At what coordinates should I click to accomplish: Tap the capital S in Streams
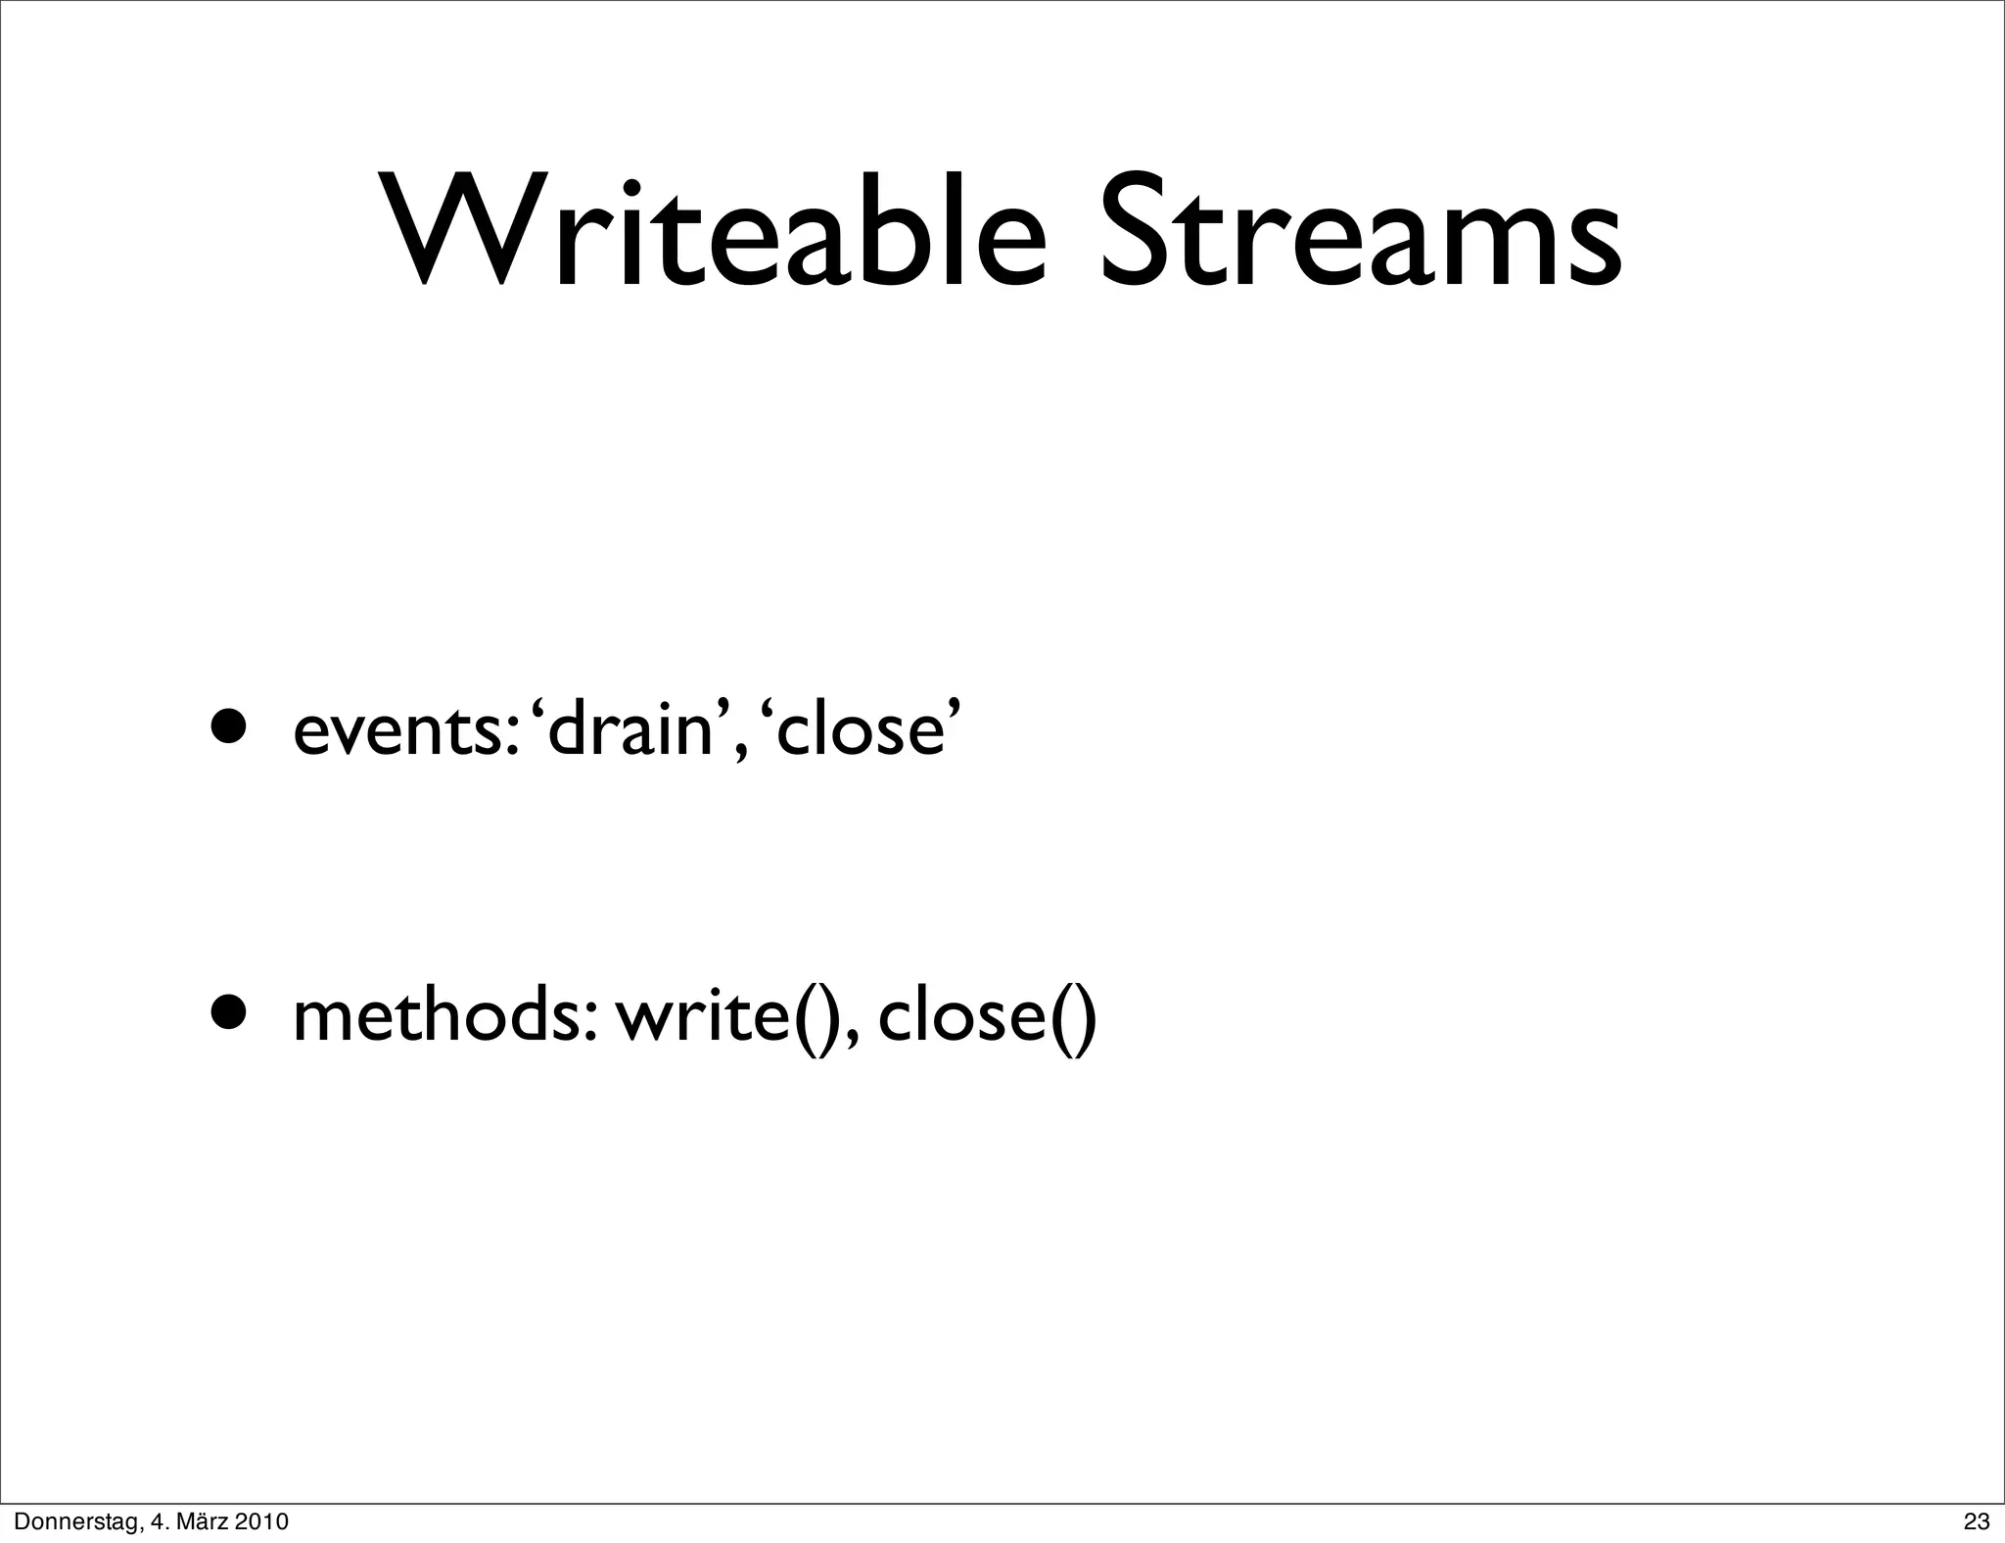click(1138, 233)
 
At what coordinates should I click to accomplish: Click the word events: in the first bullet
click(405, 730)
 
